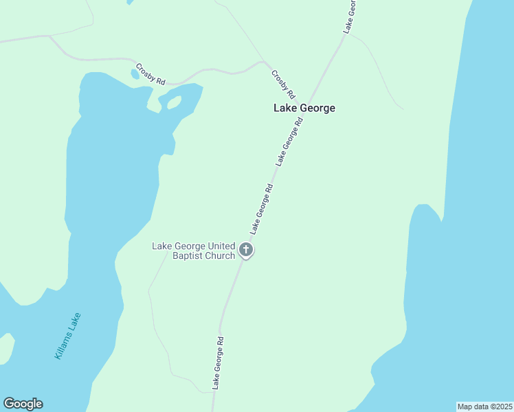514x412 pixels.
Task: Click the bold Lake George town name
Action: tap(304, 108)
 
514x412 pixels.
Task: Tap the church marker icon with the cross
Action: tap(246, 251)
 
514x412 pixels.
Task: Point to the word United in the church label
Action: tap(219, 246)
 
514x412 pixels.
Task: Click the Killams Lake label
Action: tap(67, 336)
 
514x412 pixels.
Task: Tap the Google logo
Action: tap(23, 404)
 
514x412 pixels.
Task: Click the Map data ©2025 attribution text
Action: tap(484, 407)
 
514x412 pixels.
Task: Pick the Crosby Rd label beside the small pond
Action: tap(150, 73)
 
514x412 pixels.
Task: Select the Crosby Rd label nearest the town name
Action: tap(283, 84)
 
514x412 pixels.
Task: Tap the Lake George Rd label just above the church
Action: tap(262, 207)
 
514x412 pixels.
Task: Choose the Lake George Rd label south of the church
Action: tap(218, 363)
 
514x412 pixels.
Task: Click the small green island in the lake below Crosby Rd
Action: tap(174, 102)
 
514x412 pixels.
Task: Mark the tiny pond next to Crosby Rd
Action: tap(135, 73)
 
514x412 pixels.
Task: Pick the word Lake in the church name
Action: tap(162, 246)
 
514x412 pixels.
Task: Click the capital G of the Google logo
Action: tap(9, 404)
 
